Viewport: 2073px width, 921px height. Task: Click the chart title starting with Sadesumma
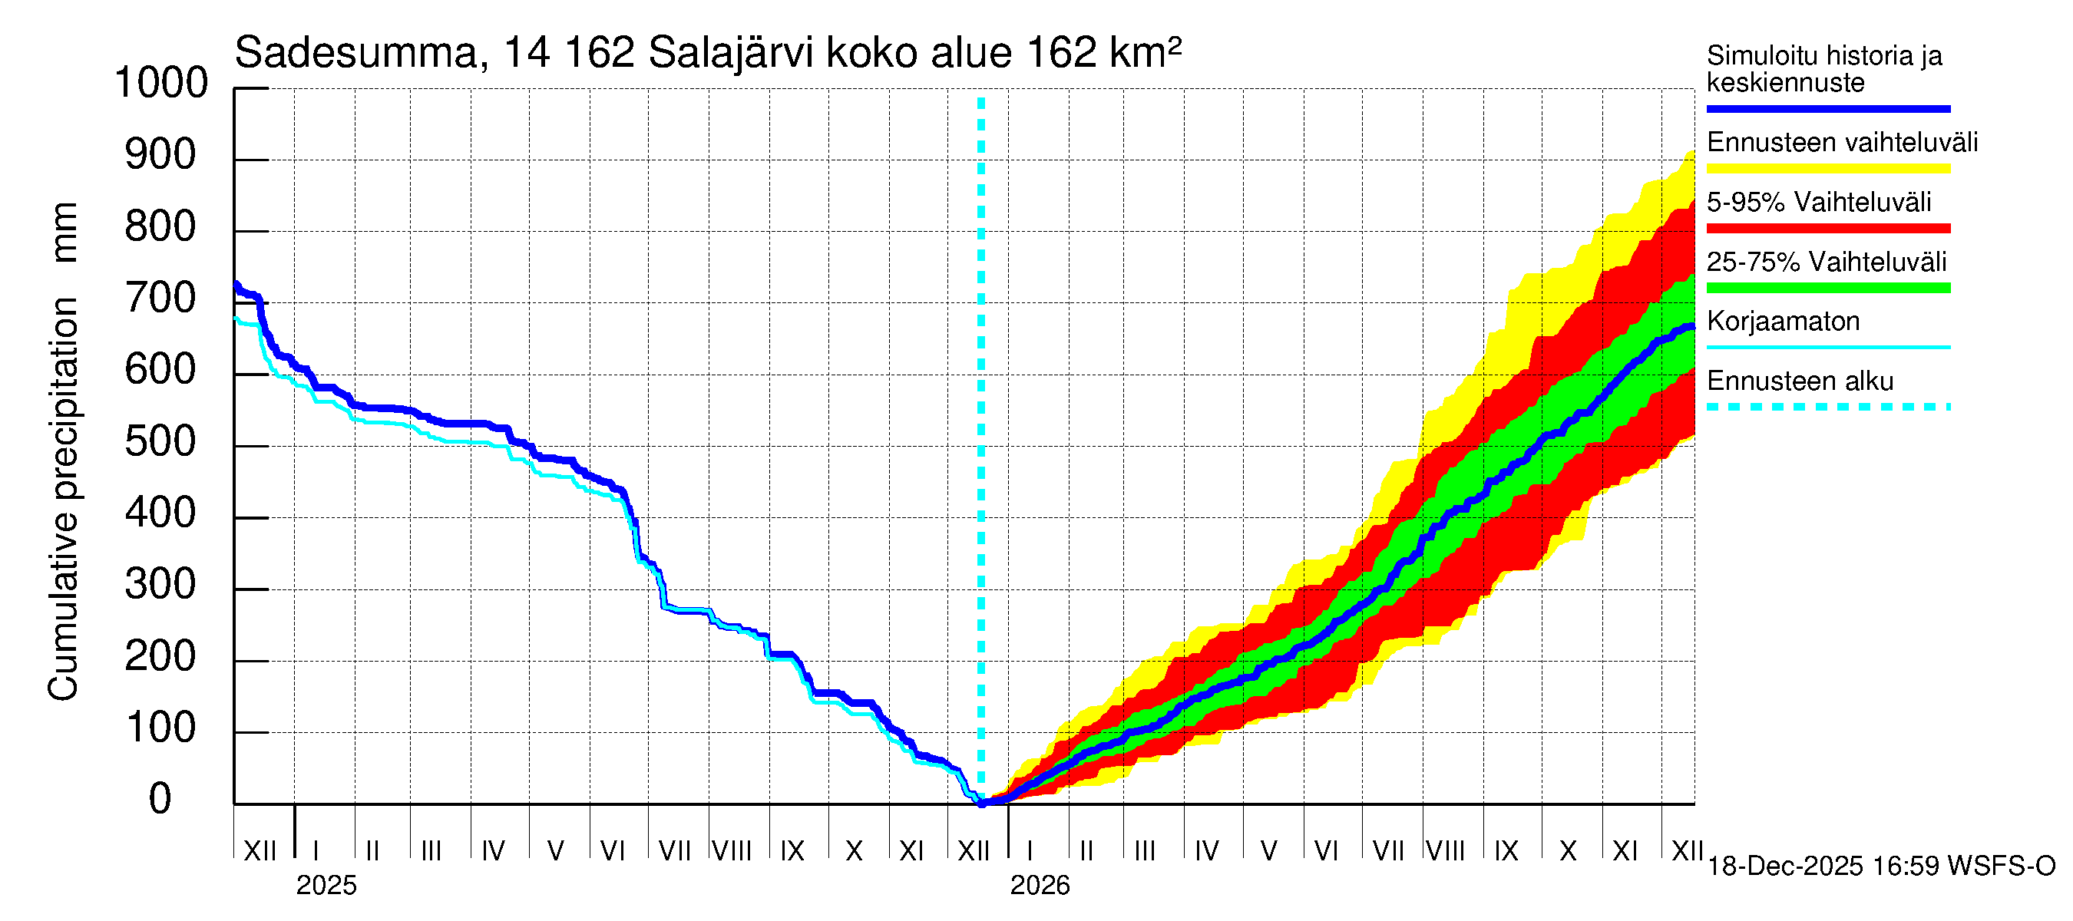coord(707,53)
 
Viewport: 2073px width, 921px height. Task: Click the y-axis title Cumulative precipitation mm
coord(64,451)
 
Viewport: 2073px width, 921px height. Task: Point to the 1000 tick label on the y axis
coord(161,83)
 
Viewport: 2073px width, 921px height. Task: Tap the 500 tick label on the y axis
coord(160,441)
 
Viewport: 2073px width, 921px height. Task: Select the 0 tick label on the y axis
coord(160,799)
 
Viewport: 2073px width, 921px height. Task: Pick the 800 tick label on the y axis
coord(160,227)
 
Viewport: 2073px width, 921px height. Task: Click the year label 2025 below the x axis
coord(326,885)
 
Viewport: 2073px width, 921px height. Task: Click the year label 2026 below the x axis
coord(1040,885)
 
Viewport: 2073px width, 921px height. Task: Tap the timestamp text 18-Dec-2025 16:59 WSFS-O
coord(1880,867)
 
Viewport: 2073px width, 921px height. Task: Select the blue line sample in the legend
coord(1827,108)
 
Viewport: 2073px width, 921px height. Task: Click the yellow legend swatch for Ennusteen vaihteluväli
coord(1827,169)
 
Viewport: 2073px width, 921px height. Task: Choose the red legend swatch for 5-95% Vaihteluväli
coord(1827,229)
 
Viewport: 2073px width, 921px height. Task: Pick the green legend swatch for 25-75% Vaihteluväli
coord(1827,288)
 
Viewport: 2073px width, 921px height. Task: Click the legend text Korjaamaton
coord(1783,322)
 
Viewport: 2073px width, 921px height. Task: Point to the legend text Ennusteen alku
coord(1800,381)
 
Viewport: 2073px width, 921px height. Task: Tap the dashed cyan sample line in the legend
coord(1827,407)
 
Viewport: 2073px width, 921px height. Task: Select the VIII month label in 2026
coord(1445,851)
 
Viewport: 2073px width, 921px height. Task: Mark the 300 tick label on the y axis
coord(160,585)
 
